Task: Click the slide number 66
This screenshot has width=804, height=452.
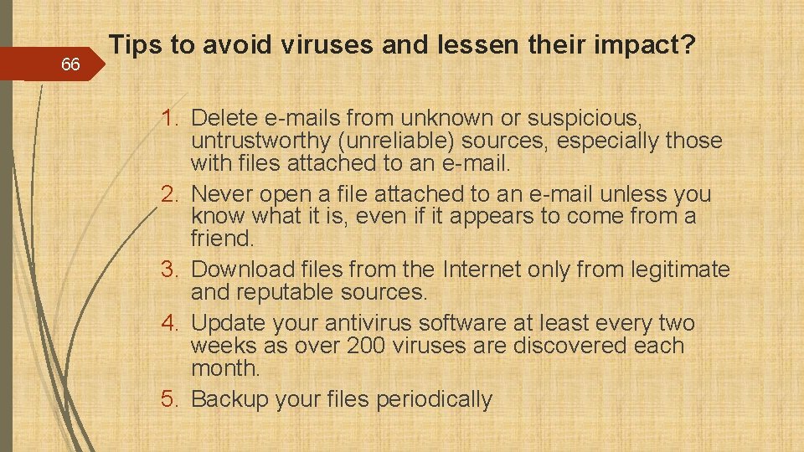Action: [x=70, y=64]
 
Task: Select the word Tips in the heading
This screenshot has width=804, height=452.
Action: [x=137, y=46]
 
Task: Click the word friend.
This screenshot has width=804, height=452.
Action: [x=222, y=239]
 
